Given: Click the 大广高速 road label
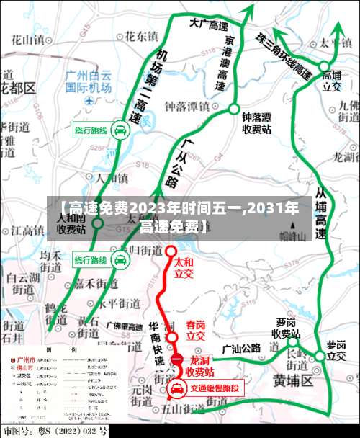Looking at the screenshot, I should pyautogui.click(x=209, y=24).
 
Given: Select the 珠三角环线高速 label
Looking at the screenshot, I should pyautogui.click(x=284, y=55).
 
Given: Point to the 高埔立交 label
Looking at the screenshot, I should pyautogui.click(x=331, y=79).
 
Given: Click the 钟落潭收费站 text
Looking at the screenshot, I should pyautogui.click(x=256, y=122).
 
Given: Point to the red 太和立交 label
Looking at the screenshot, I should pyautogui.click(x=184, y=269).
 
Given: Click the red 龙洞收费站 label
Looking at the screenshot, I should pyautogui.click(x=199, y=366).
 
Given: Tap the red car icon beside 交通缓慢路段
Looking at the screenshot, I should pyautogui.click(x=176, y=389).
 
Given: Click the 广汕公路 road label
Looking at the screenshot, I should pyautogui.click(x=242, y=349).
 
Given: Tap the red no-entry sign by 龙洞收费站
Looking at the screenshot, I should pyautogui.click(x=176, y=360).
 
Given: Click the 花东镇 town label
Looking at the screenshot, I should pyautogui.click(x=140, y=35).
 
